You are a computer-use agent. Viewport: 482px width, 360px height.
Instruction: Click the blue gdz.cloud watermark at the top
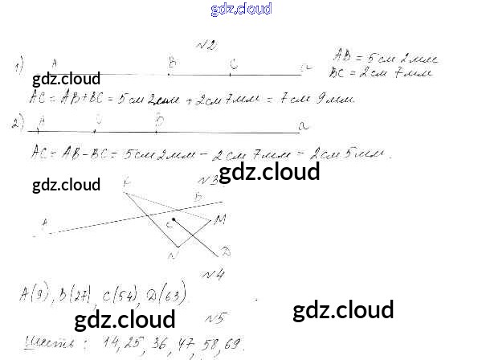coord(241,9)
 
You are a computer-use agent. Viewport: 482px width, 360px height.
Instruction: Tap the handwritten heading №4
coord(212,274)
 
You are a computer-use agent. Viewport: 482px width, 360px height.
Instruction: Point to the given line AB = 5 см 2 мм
coord(382,59)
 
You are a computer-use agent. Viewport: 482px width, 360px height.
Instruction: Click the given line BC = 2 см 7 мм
coord(381,73)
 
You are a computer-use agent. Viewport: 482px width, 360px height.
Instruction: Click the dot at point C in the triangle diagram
coord(174,219)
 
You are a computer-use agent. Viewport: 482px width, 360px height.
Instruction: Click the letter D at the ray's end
coord(226,252)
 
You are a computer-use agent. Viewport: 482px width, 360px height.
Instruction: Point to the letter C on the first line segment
coord(233,63)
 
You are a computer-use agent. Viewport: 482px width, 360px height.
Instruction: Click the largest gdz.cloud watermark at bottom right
coord(343,310)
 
